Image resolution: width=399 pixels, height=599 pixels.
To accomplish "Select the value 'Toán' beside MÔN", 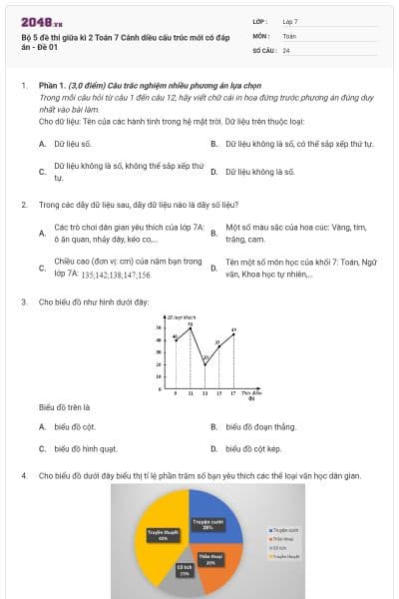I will (289, 35).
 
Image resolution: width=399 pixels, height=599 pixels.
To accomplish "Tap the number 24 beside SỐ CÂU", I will (286, 49).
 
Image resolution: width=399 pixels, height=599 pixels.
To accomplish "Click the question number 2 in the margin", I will (23, 204).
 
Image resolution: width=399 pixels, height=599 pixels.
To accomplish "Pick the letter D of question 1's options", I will (214, 172).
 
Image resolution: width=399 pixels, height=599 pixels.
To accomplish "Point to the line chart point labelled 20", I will (204, 364).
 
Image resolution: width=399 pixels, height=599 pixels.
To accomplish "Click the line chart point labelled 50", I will (191, 326).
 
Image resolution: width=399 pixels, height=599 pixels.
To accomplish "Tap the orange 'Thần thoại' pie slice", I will (210, 558).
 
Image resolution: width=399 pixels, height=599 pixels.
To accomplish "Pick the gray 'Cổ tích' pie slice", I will (185, 570).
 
